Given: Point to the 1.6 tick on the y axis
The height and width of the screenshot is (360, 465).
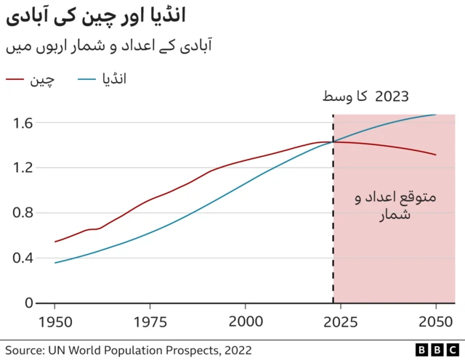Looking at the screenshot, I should (x=23, y=123).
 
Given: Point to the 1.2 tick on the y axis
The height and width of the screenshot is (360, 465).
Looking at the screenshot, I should (x=23, y=168).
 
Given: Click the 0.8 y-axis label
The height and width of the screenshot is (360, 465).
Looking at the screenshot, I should (x=23, y=213).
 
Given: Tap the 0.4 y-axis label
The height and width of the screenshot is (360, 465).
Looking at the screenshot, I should (x=23, y=258).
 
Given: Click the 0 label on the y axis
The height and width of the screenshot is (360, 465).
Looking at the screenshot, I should (x=30, y=303).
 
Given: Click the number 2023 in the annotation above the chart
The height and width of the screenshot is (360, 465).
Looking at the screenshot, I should (x=392, y=97).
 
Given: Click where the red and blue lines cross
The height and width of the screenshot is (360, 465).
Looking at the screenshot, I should (x=333, y=142).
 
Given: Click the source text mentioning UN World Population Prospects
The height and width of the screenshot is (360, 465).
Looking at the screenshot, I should (x=129, y=350).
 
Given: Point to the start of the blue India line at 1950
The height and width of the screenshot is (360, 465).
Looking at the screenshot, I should (x=55, y=263).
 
